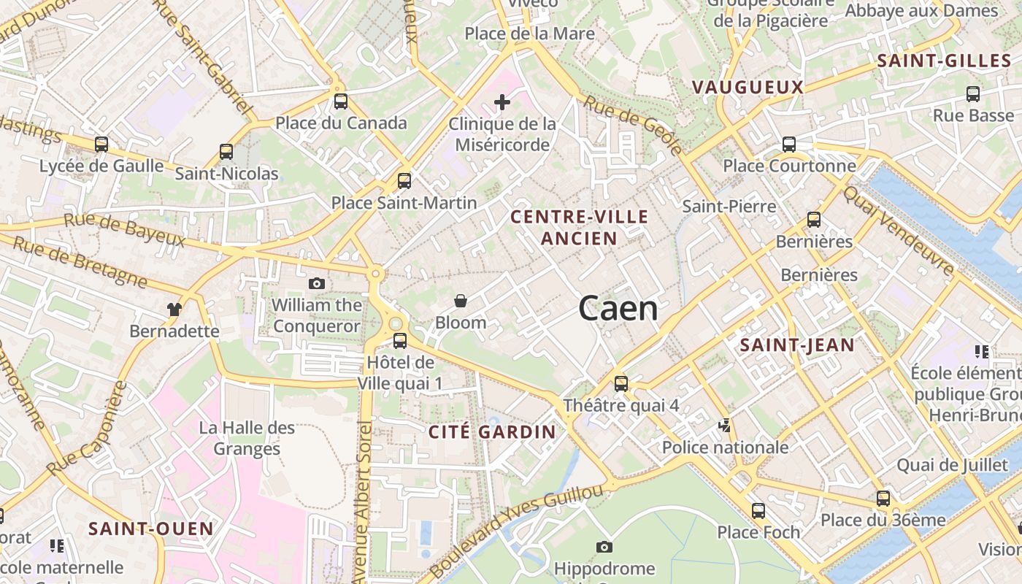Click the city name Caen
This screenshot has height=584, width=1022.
tap(618, 309)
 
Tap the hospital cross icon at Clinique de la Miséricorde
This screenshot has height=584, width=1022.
tap(502, 102)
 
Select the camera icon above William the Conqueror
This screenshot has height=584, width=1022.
tap(317, 283)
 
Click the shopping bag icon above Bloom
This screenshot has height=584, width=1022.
tap(461, 300)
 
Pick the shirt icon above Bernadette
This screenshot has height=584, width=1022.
tap(174, 309)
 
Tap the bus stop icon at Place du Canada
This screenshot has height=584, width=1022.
tap(340, 101)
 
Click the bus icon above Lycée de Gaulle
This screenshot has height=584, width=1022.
tap(101, 145)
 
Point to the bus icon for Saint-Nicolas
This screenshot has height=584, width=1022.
tap(226, 152)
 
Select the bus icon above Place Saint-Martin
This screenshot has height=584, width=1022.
tap(404, 181)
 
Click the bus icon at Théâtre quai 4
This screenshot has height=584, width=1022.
tap(620, 383)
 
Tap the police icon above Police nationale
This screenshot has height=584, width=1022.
tap(725, 426)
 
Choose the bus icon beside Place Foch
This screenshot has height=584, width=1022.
tap(758, 510)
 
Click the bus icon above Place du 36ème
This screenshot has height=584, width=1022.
tap(883, 499)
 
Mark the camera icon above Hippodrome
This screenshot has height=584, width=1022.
tap(604, 547)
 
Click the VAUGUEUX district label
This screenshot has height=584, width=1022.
tap(748, 88)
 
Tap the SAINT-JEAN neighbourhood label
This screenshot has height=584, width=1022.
tap(797, 345)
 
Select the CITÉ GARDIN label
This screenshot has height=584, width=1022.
tap(492, 431)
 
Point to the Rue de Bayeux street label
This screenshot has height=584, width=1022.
tap(124, 230)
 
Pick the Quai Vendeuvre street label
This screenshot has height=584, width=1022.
tap(898, 230)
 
